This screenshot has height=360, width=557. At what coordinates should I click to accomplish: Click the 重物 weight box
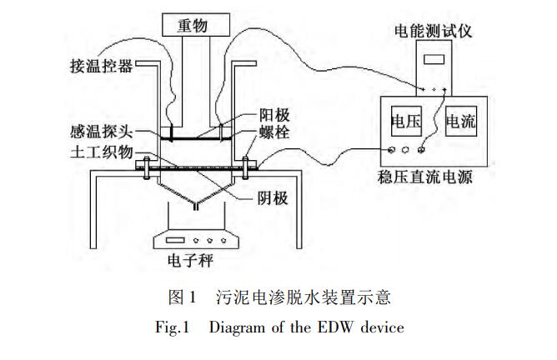[193, 25]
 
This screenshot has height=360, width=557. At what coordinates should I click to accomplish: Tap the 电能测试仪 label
[434, 32]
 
